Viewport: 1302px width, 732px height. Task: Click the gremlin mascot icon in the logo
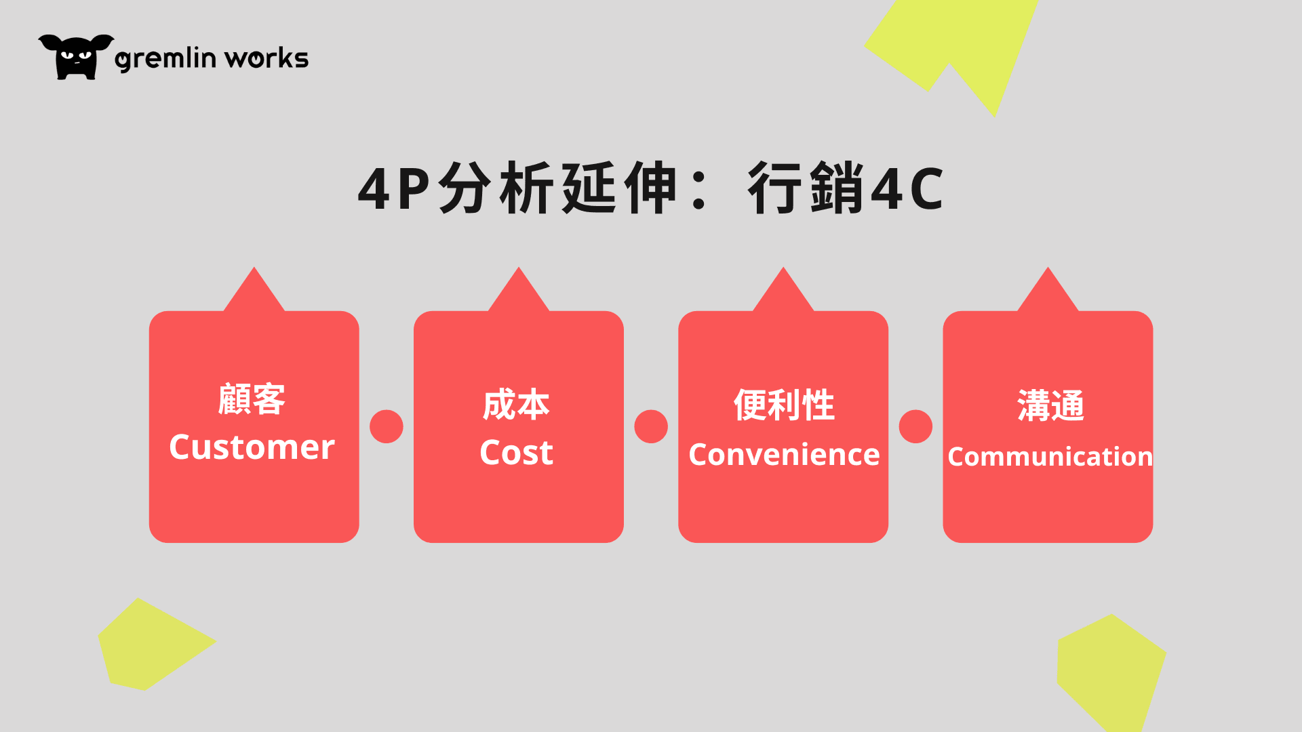[x=76, y=57]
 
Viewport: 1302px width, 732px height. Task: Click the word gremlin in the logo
[x=165, y=59]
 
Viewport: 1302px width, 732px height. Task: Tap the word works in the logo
[x=267, y=58]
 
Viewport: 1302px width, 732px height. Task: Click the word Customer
[x=252, y=447]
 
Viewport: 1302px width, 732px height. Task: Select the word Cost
[x=517, y=452]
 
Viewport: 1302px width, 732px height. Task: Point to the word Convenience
[x=784, y=454]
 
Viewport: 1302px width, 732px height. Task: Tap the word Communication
[x=1050, y=456]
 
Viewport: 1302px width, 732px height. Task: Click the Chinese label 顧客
[x=252, y=399]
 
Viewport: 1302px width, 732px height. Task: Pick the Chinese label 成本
[x=516, y=405]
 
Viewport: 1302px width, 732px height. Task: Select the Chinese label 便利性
[x=784, y=405]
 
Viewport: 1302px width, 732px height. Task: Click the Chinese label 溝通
[x=1050, y=405]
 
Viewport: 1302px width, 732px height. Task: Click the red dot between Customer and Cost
[x=387, y=426]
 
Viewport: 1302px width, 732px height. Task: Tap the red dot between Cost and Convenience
[x=651, y=426]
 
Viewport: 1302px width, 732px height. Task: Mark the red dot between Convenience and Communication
[x=915, y=426]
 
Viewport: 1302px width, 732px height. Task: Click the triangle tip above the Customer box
[x=254, y=267]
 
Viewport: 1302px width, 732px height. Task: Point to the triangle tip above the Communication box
[x=1048, y=267]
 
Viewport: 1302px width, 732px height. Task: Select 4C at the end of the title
[x=907, y=188]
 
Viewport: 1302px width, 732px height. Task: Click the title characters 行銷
[x=806, y=188]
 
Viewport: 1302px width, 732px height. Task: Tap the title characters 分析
[x=496, y=188]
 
